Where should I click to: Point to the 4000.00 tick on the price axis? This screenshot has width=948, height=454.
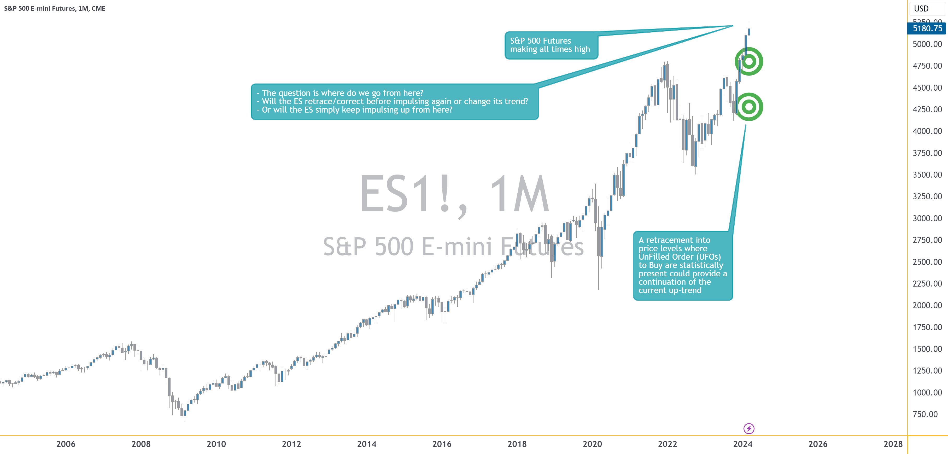[x=927, y=131]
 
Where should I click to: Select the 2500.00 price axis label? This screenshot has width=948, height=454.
[x=927, y=262]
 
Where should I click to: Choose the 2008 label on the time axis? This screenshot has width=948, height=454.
[x=141, y=444]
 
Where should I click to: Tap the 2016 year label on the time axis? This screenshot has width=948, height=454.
[x=442, y=444]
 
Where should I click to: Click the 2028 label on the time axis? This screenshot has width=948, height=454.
[x=893, y=444]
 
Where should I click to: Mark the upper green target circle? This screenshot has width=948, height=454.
[x=748, y=61]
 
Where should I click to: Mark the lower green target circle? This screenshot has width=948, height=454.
[x=748, y=107]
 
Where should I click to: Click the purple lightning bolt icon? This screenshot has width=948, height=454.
[x=748, y=428]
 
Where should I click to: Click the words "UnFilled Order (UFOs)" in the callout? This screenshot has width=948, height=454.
[x=679, y=257]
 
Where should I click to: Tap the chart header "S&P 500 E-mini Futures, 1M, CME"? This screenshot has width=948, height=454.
[x=55, y=8]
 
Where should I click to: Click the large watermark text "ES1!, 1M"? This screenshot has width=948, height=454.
[x=454, y=194]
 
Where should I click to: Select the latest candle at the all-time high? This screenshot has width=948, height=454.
[x=748, y=32]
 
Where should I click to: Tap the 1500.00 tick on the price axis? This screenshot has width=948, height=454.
[x=927, y=349]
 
